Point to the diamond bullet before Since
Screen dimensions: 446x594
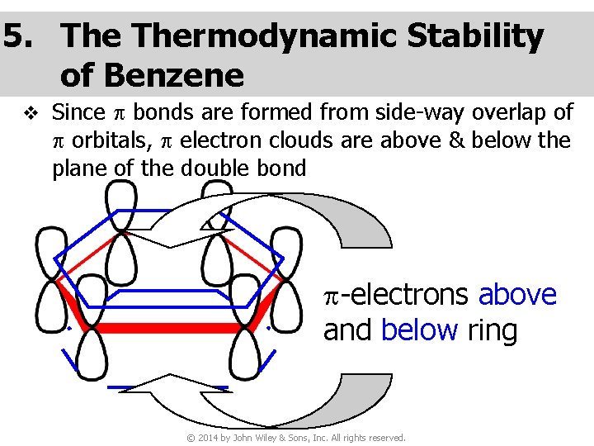[x=31, y=112]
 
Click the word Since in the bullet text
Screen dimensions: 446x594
[x=78, y=111]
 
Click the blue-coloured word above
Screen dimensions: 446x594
[x=517, y=295]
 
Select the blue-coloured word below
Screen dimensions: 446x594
[x=419, y=330]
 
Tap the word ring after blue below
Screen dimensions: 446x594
[x=493, y=330]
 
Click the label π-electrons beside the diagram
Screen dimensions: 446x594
[x=397, y=295]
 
